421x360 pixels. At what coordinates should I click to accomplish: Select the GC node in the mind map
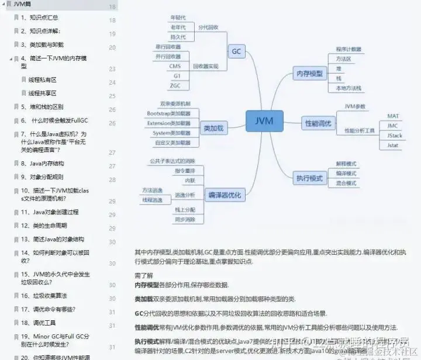coord(236,51)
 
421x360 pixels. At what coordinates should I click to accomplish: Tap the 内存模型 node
coord(309,74)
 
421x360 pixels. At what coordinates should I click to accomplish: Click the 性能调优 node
coord(318,123)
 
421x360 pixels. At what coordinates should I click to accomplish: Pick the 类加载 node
coord(213,127)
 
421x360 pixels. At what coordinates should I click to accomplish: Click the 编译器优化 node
coord(225,195)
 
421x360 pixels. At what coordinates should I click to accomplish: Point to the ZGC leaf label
coord(175,86)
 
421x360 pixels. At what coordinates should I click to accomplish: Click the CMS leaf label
coord(175,66)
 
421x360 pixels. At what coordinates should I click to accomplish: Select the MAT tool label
coord(393,116)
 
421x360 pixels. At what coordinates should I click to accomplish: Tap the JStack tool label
coord(395,136)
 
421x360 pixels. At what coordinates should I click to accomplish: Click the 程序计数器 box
coord(348,49)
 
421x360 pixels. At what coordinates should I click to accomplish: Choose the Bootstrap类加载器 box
coord(168,113)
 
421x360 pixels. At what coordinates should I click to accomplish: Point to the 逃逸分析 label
coord(184,195)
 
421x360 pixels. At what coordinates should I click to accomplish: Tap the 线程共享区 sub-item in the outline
coord(43,93)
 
